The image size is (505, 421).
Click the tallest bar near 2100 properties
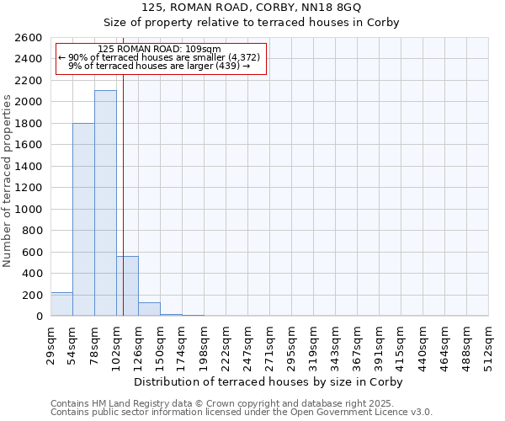point(105,203)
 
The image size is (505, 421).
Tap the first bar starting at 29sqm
point(61,304)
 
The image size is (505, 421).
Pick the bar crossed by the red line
point(127,285)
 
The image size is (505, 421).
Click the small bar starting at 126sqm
point(149,309)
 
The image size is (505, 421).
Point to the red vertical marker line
point(123,168)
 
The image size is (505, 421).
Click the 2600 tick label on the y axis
point(29,38)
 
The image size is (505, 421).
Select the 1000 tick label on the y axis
point(29,209)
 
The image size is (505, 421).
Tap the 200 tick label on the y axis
point(33,295)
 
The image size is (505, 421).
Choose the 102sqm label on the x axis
point(116,344)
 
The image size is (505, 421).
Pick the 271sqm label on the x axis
point(269,344)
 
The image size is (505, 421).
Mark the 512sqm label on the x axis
point(488,344)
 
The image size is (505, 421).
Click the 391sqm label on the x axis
point(379,344)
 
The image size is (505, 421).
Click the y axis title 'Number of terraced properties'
point(8,181)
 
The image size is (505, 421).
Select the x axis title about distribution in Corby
point(268,382)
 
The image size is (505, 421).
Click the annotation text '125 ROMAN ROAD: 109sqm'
point(159,50)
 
